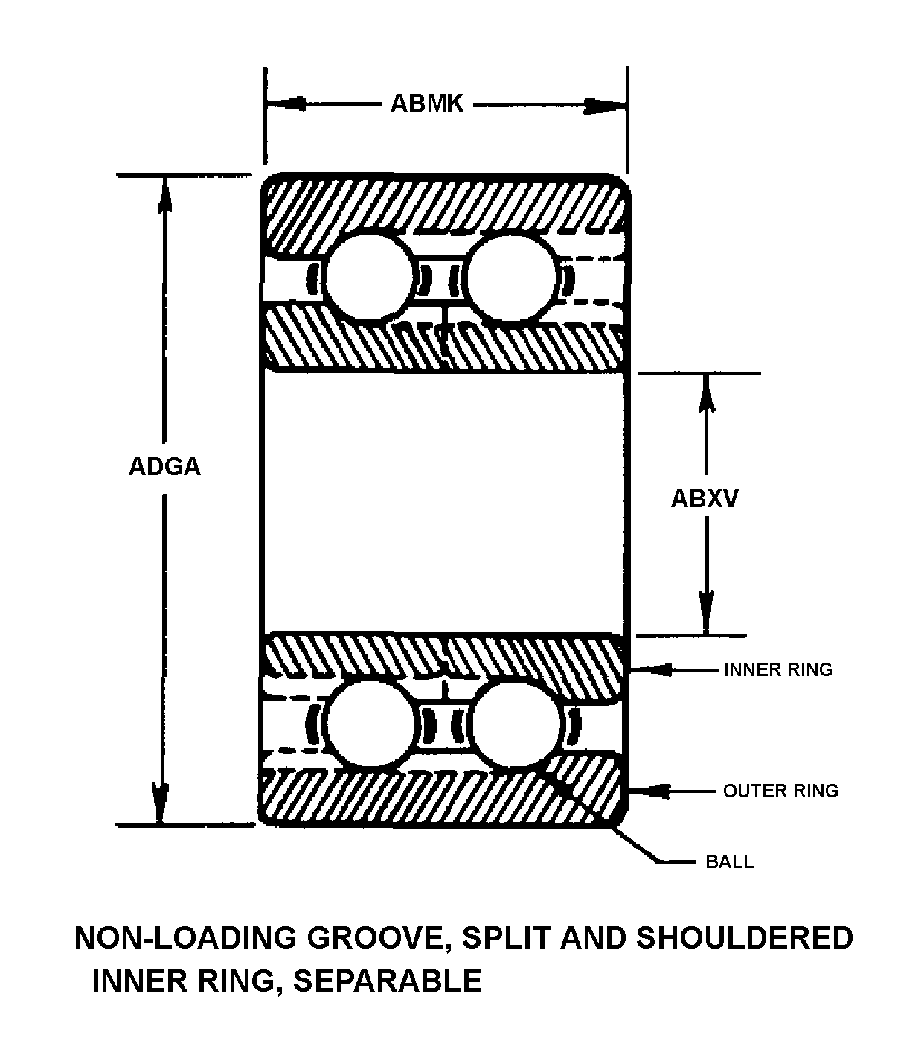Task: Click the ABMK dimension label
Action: pyautogui.click(x=427, y=103)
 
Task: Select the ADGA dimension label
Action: pyautogui.click(x=164, y=466)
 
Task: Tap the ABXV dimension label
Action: pyautogui.click(x=705, y=497)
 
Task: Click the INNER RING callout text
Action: pyautogui.click(x=777, y=669)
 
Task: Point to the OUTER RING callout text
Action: pyautogui.click(x=780, y=790)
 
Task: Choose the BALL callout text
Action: pyautogui.click(x=729, y=862)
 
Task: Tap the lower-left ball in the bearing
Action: pyautogui.click(x=369, y=723)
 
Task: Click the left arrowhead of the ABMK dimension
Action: pyautogui.click(x=286, y=103)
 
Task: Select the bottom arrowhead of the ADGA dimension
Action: pyautogui.click(x=160, y=804)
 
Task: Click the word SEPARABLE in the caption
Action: pyautogui.click(x=388, y=981)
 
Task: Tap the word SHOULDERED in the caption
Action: pyautogui.click(x=744, y=938)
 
